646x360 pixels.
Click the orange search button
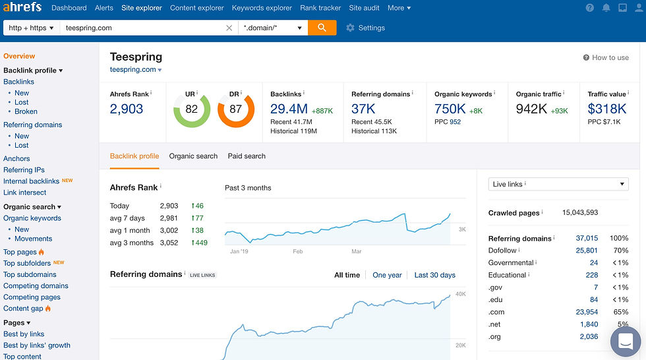point(322,28)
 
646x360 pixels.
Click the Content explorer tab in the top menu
point(196,8)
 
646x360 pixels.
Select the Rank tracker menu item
point(320,8)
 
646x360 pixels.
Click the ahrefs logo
point(23,8)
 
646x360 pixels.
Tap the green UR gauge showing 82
point(191,109)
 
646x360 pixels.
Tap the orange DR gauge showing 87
point(235,109)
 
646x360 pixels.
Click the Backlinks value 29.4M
point(289,109)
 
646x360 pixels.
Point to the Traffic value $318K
point(607,109)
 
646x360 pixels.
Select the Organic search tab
point(193,156)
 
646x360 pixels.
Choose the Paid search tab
point(247,156)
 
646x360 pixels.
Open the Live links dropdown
point(558,184)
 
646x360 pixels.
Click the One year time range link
point(387,275)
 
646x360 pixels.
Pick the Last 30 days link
point(434,275)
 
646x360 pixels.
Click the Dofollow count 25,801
point(587,251)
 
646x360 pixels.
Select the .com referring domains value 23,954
point(587,312)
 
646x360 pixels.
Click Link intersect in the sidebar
point(25,193)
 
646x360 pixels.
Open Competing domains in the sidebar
point(36,286)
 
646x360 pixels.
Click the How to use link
point(606,57)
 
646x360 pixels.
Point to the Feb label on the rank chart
point(297,251)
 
